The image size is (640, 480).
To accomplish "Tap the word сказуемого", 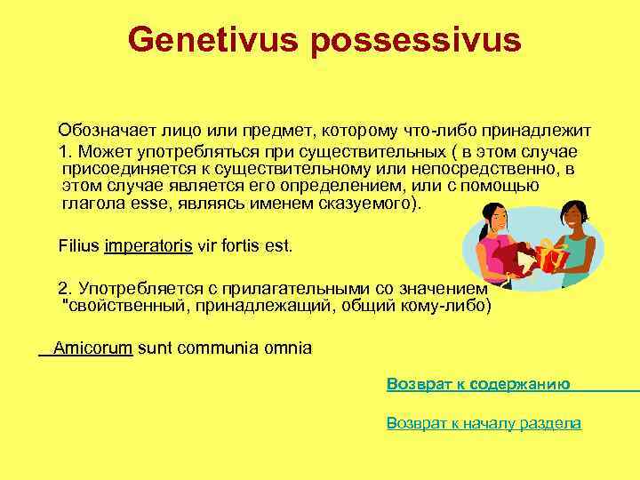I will coord(363,203).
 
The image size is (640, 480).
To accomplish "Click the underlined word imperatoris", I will coord(148,244).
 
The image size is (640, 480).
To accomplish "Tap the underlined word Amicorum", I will coord(92,348).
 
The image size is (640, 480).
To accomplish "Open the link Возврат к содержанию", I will coord(478,384).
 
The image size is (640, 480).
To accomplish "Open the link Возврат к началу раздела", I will coord(484,423).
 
